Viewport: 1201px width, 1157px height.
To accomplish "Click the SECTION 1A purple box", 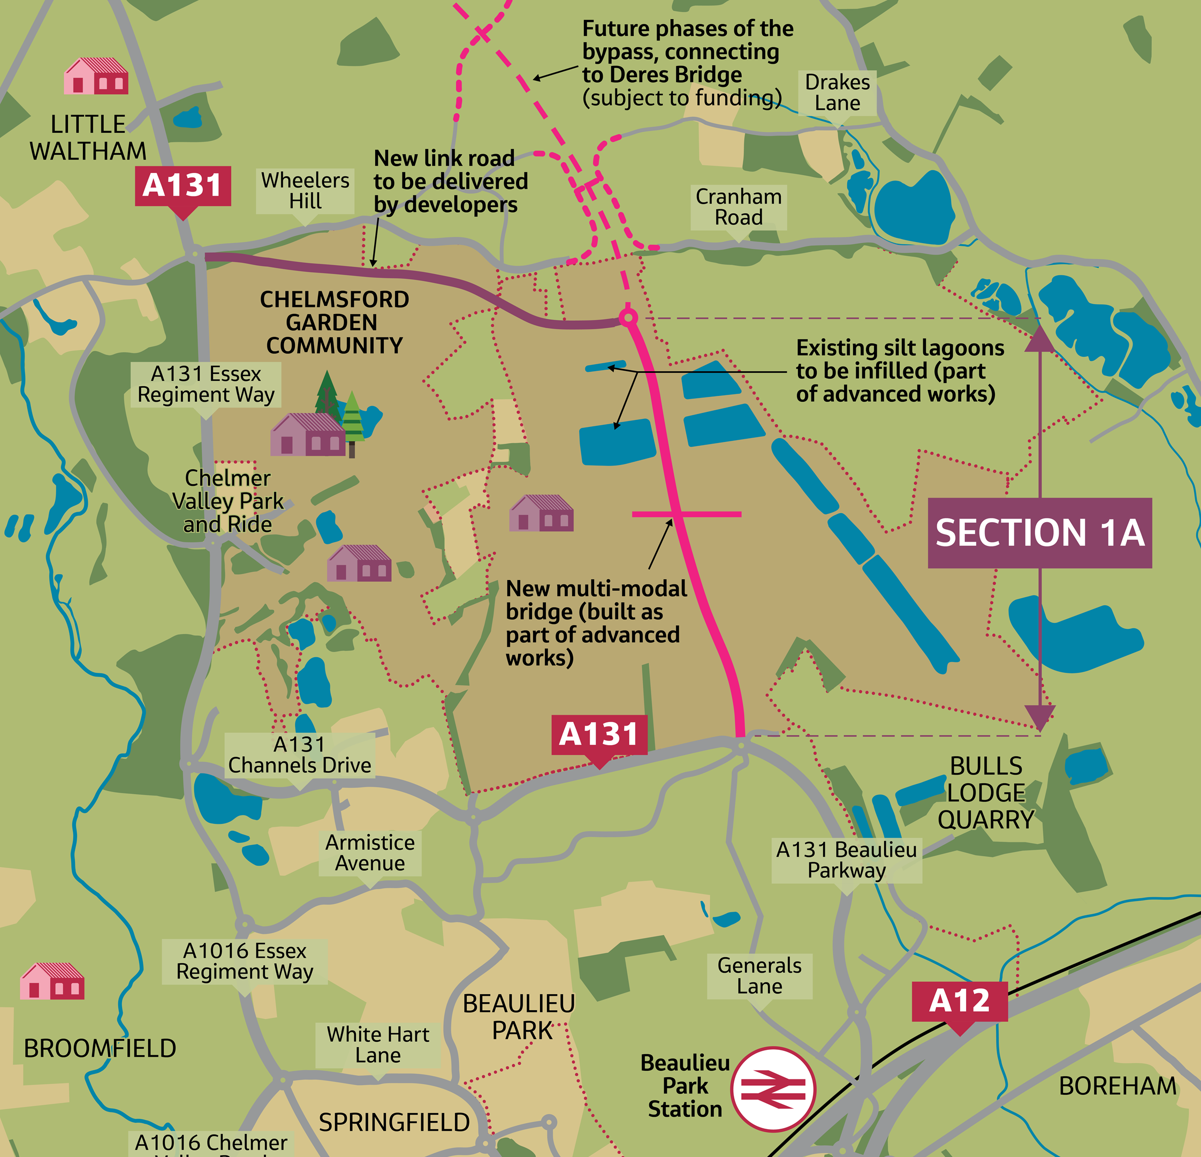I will (1039, 533).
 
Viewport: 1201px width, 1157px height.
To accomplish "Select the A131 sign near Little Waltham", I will (183, 186).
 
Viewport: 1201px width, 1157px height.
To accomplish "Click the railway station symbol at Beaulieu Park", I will (773, 1089).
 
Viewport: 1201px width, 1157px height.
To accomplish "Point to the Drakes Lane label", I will (837, 93).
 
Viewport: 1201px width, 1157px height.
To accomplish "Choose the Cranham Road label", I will (739, 207).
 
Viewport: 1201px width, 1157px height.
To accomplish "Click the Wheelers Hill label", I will (305, 191).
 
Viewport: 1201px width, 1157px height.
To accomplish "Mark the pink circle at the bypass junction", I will (628, 318).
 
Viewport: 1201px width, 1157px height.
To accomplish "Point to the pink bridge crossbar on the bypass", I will (686, 514).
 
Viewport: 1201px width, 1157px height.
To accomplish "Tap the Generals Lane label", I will (759, 975).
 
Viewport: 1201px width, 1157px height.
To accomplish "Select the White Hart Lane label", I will (377, 1045).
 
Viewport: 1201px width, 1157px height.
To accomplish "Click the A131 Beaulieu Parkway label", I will (846, 860).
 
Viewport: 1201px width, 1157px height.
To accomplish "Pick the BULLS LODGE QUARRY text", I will (985, 792).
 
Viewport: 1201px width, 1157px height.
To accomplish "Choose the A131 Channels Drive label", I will (300, 755).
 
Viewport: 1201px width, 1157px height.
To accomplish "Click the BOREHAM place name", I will (1117, 1086).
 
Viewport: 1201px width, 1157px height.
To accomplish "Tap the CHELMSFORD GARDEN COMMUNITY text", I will (334, 322).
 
